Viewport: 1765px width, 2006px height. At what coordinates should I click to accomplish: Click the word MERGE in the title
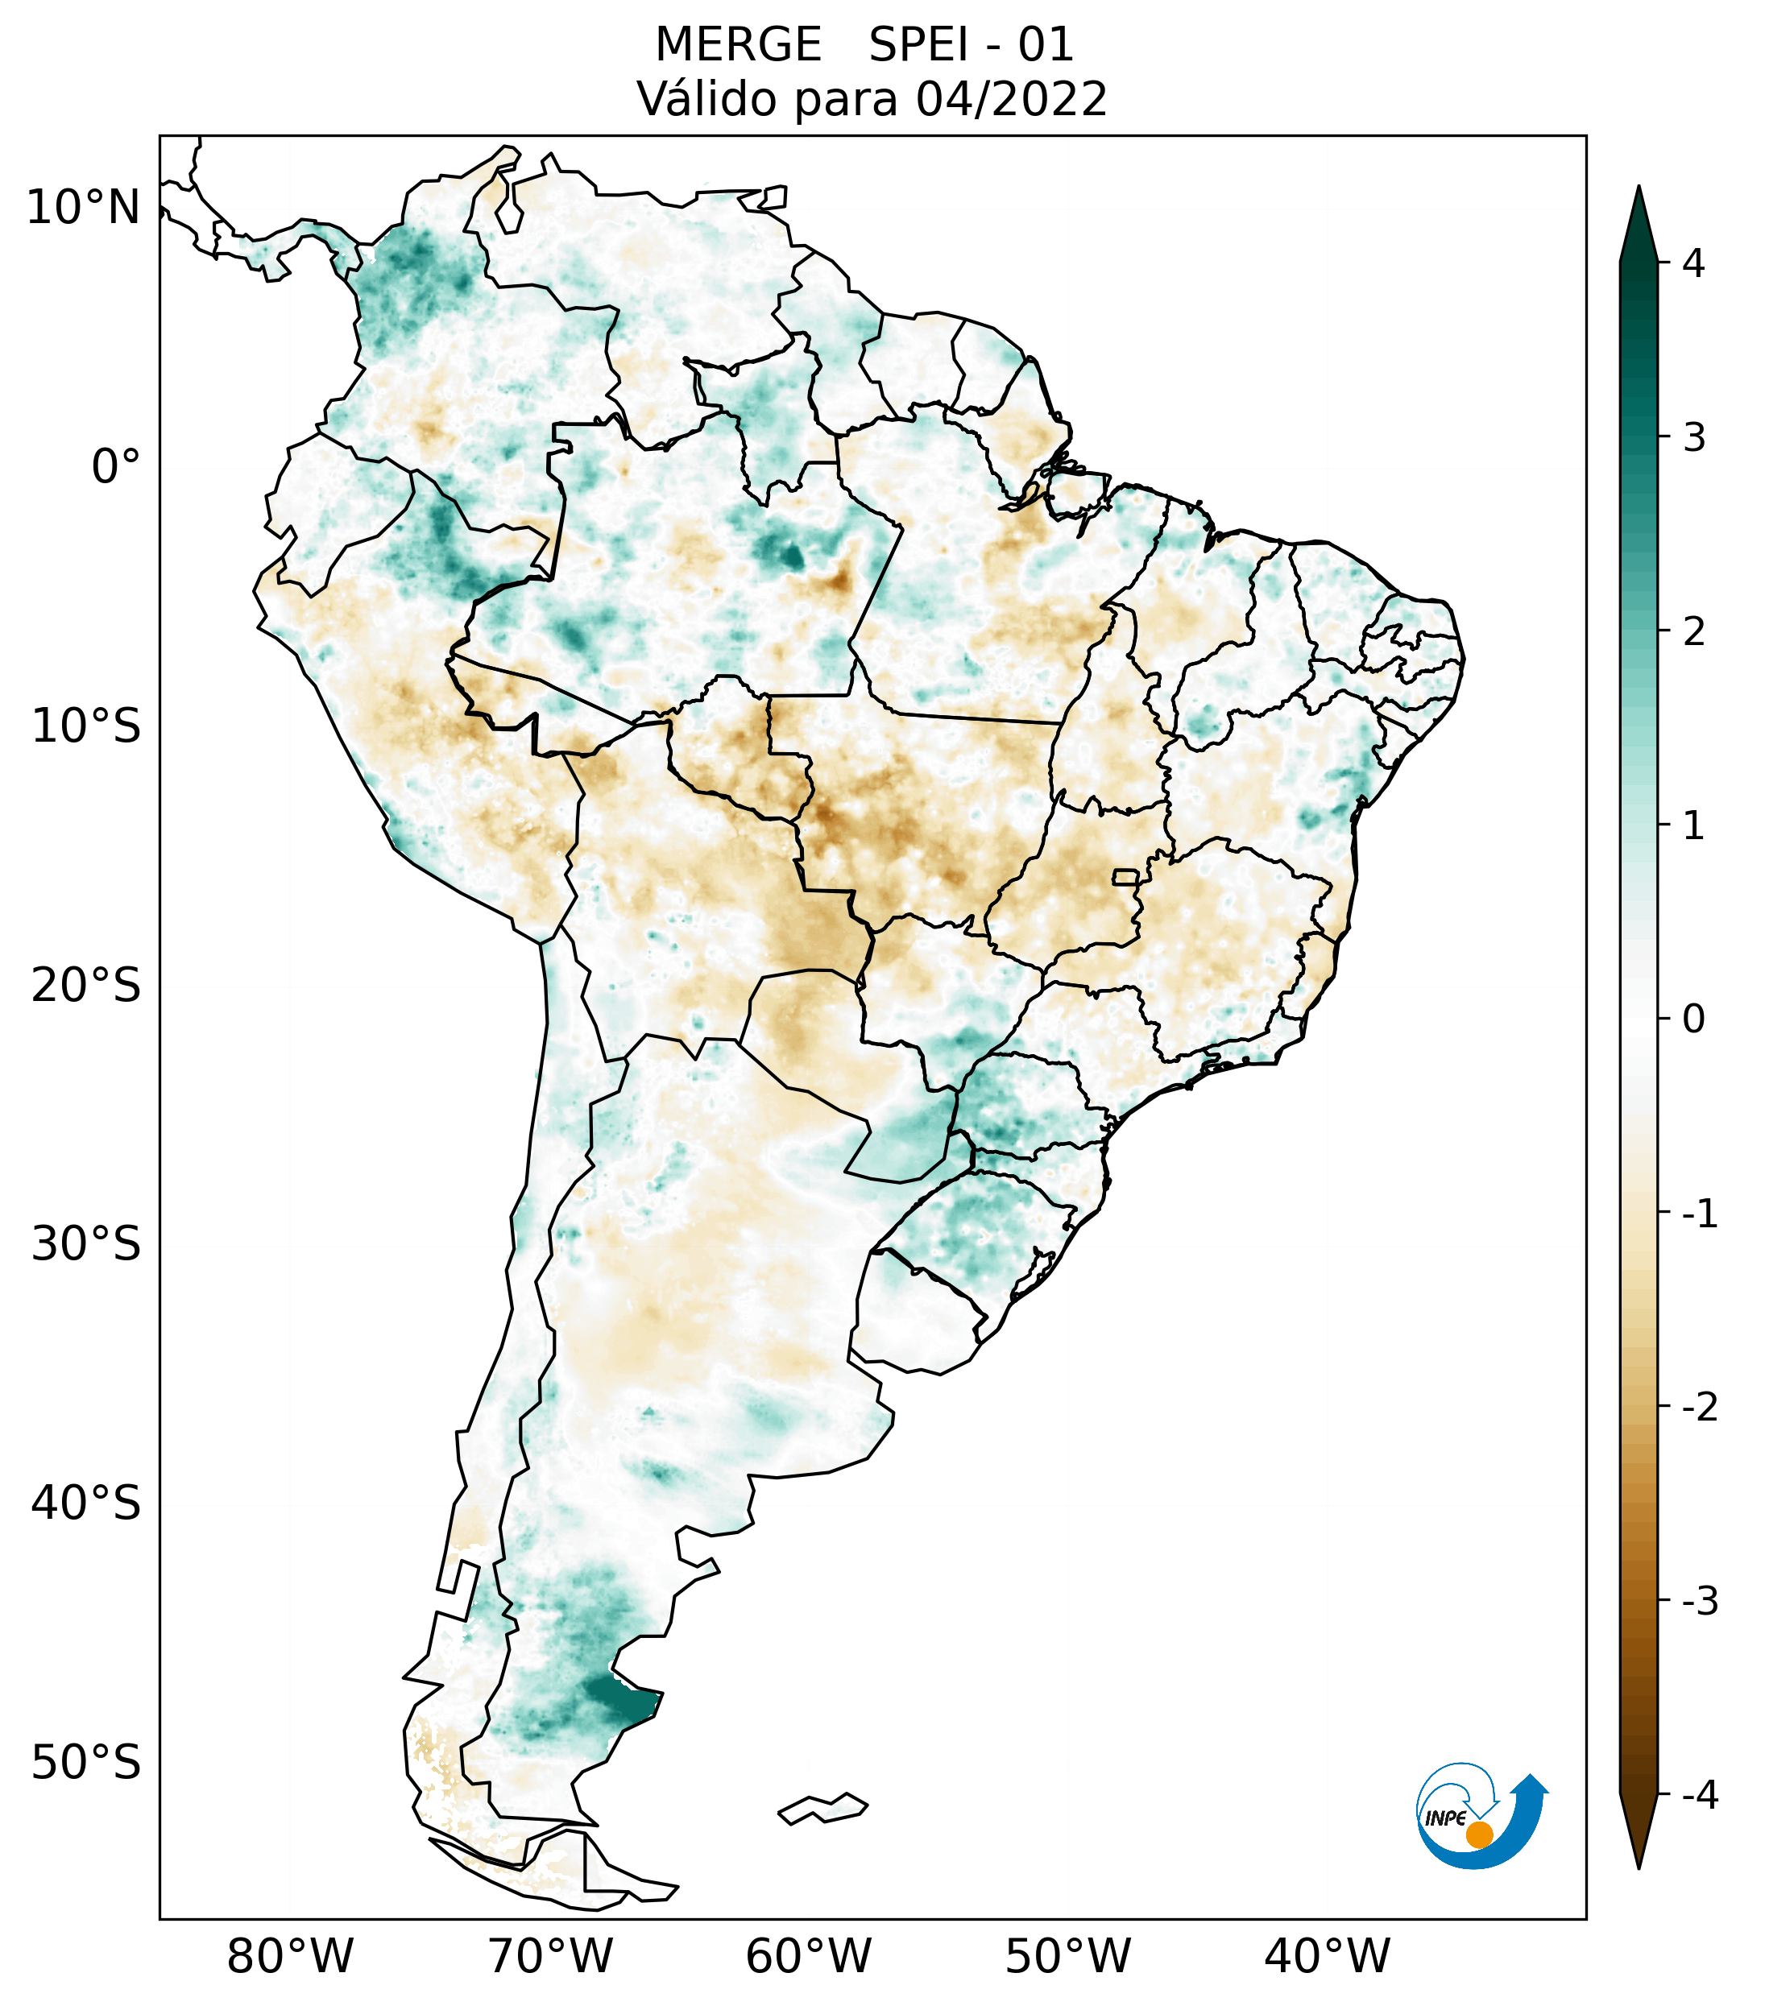click(738, 45)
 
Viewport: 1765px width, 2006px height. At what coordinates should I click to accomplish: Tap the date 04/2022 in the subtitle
click(1011, 99)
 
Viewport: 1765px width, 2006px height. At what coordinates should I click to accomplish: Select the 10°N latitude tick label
click(84, 208)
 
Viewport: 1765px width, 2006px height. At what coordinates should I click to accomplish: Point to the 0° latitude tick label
click(116, 467)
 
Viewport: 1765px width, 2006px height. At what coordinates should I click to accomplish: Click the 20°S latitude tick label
click(86, 986)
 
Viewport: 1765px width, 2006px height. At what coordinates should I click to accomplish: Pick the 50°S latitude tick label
click(86, 1763)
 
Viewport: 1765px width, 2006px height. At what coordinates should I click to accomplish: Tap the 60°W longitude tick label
click(808, 1956)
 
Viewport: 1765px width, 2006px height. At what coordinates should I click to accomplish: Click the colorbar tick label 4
click(1692, 263)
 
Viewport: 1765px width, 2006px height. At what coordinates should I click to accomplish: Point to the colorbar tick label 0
click(1693, 1020)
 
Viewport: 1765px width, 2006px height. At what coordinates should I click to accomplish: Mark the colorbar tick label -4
click(1699, 1796)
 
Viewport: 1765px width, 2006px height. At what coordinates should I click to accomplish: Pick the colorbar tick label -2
click(1699, 1408)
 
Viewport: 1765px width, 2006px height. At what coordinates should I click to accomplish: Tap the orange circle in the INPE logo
click(1478, 1834)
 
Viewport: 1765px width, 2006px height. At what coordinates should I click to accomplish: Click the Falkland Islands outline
click(822, 1808)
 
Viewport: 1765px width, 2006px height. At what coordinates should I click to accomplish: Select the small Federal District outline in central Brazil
click(1126, 875)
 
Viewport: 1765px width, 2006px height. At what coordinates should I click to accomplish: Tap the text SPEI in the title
click(917, 45)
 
